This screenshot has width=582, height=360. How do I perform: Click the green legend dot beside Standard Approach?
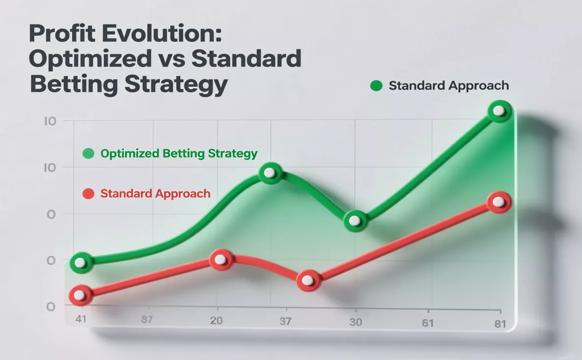point(376,86)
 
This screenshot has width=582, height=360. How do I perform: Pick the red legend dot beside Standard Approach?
point(88,194)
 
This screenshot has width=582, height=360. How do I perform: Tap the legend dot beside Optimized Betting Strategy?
point(88,154)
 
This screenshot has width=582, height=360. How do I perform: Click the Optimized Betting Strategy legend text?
point(179,153)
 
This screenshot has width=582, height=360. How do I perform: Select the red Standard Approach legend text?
point(155,193)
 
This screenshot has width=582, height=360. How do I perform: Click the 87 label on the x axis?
point(147,321)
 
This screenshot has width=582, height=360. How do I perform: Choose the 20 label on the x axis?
point(216,321)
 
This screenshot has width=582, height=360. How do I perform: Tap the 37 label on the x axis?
point(285,322)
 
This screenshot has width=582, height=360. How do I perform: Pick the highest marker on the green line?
point(499,111)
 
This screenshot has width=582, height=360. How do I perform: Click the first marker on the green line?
point(80,263)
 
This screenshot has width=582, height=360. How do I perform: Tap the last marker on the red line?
point(499,202)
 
